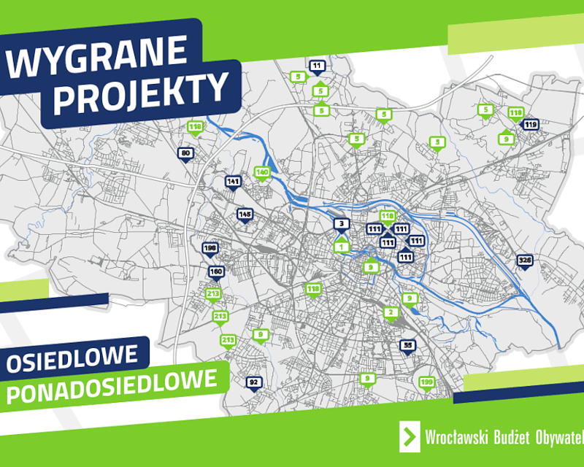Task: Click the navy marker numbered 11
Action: [x=317, y=66]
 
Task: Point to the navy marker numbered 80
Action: [x=185, y=153]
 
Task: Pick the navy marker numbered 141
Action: [x=234, y=182]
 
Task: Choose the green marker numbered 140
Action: [x=262, y=173]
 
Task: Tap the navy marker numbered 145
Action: [x=245, y=215]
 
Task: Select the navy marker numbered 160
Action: [x=216, y=272]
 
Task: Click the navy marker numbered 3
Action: [x=340, y=224]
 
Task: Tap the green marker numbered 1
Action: [x=341, y=247]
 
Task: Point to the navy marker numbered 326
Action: [x=524, y=260]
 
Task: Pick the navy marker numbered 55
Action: [x=407, y=345]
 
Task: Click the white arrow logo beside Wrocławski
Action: [x=410, y=436]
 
